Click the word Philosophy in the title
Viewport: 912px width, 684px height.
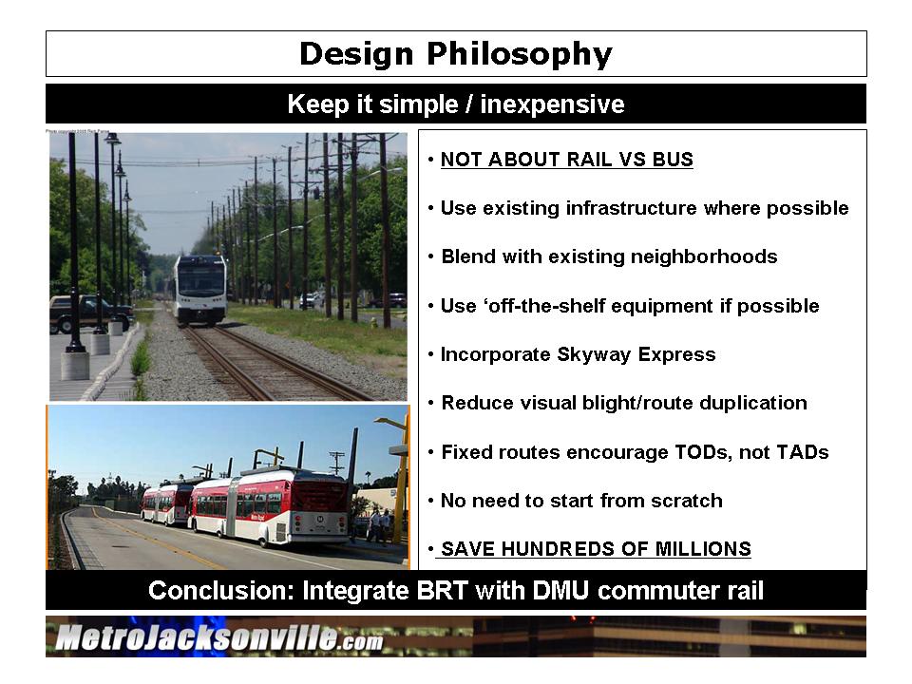(520, 54)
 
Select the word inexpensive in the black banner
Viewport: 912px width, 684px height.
(552, 104)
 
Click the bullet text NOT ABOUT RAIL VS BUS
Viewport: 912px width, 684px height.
(566, 160)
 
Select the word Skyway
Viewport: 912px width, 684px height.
(594, 354)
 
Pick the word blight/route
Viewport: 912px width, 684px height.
(637, 403)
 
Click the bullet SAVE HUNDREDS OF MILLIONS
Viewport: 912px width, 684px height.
(596, 549)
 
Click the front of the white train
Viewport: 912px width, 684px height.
(200, 289)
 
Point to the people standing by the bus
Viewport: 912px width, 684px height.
(379, 525)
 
